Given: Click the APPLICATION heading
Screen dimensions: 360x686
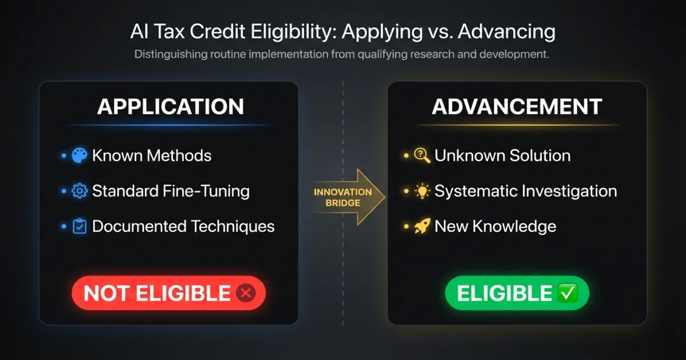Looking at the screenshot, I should click(x=170, y=107).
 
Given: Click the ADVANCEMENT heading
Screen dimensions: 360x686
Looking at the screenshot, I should click(x=517, y=107).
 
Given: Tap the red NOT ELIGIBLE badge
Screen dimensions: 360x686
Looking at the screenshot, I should click(x=169, y=294).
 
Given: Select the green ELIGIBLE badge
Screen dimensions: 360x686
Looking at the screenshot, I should click(x=517, y=294).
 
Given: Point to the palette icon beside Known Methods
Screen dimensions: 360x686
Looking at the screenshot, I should click(x=79, y=155).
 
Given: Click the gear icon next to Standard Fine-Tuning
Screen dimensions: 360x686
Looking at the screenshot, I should click(x=79, y=191).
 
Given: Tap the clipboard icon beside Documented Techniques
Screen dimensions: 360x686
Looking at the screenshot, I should click(x=79, y=226).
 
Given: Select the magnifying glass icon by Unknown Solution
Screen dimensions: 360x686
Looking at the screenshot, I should click(x=422, y=155).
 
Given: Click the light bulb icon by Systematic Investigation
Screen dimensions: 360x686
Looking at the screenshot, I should click(x=422, y=191).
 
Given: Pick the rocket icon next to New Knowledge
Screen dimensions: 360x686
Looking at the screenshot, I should click(x=422, y=226).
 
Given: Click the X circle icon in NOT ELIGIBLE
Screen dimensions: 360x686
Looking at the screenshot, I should click(x=246, y=294).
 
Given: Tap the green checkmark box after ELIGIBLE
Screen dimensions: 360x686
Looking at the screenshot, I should click(x=568, y=294).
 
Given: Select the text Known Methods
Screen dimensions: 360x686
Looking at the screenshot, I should click(x=151, y=155).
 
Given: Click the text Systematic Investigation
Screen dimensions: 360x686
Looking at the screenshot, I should click(x=525, y=191).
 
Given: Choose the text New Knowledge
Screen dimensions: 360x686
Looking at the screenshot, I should click(x=495, y=226).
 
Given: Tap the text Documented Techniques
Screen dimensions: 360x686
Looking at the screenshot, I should click(x=183, y=226).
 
